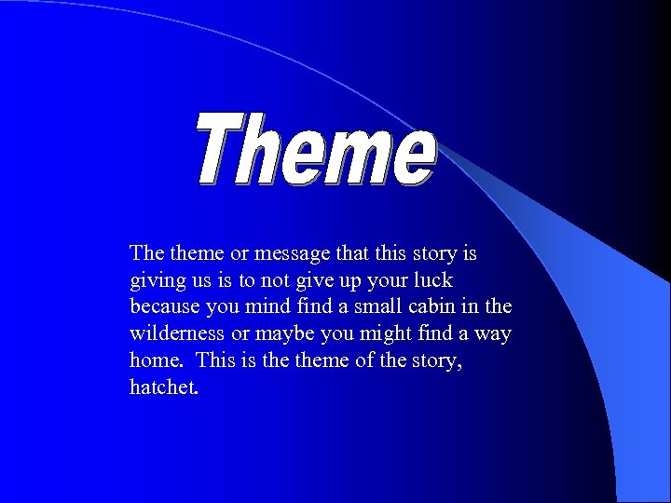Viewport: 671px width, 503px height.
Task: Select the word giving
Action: [156, 280]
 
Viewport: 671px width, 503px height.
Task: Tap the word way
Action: [493, 333]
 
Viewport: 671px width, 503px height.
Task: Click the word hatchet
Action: [163, 387]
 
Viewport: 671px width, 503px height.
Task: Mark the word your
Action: [390, 280]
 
